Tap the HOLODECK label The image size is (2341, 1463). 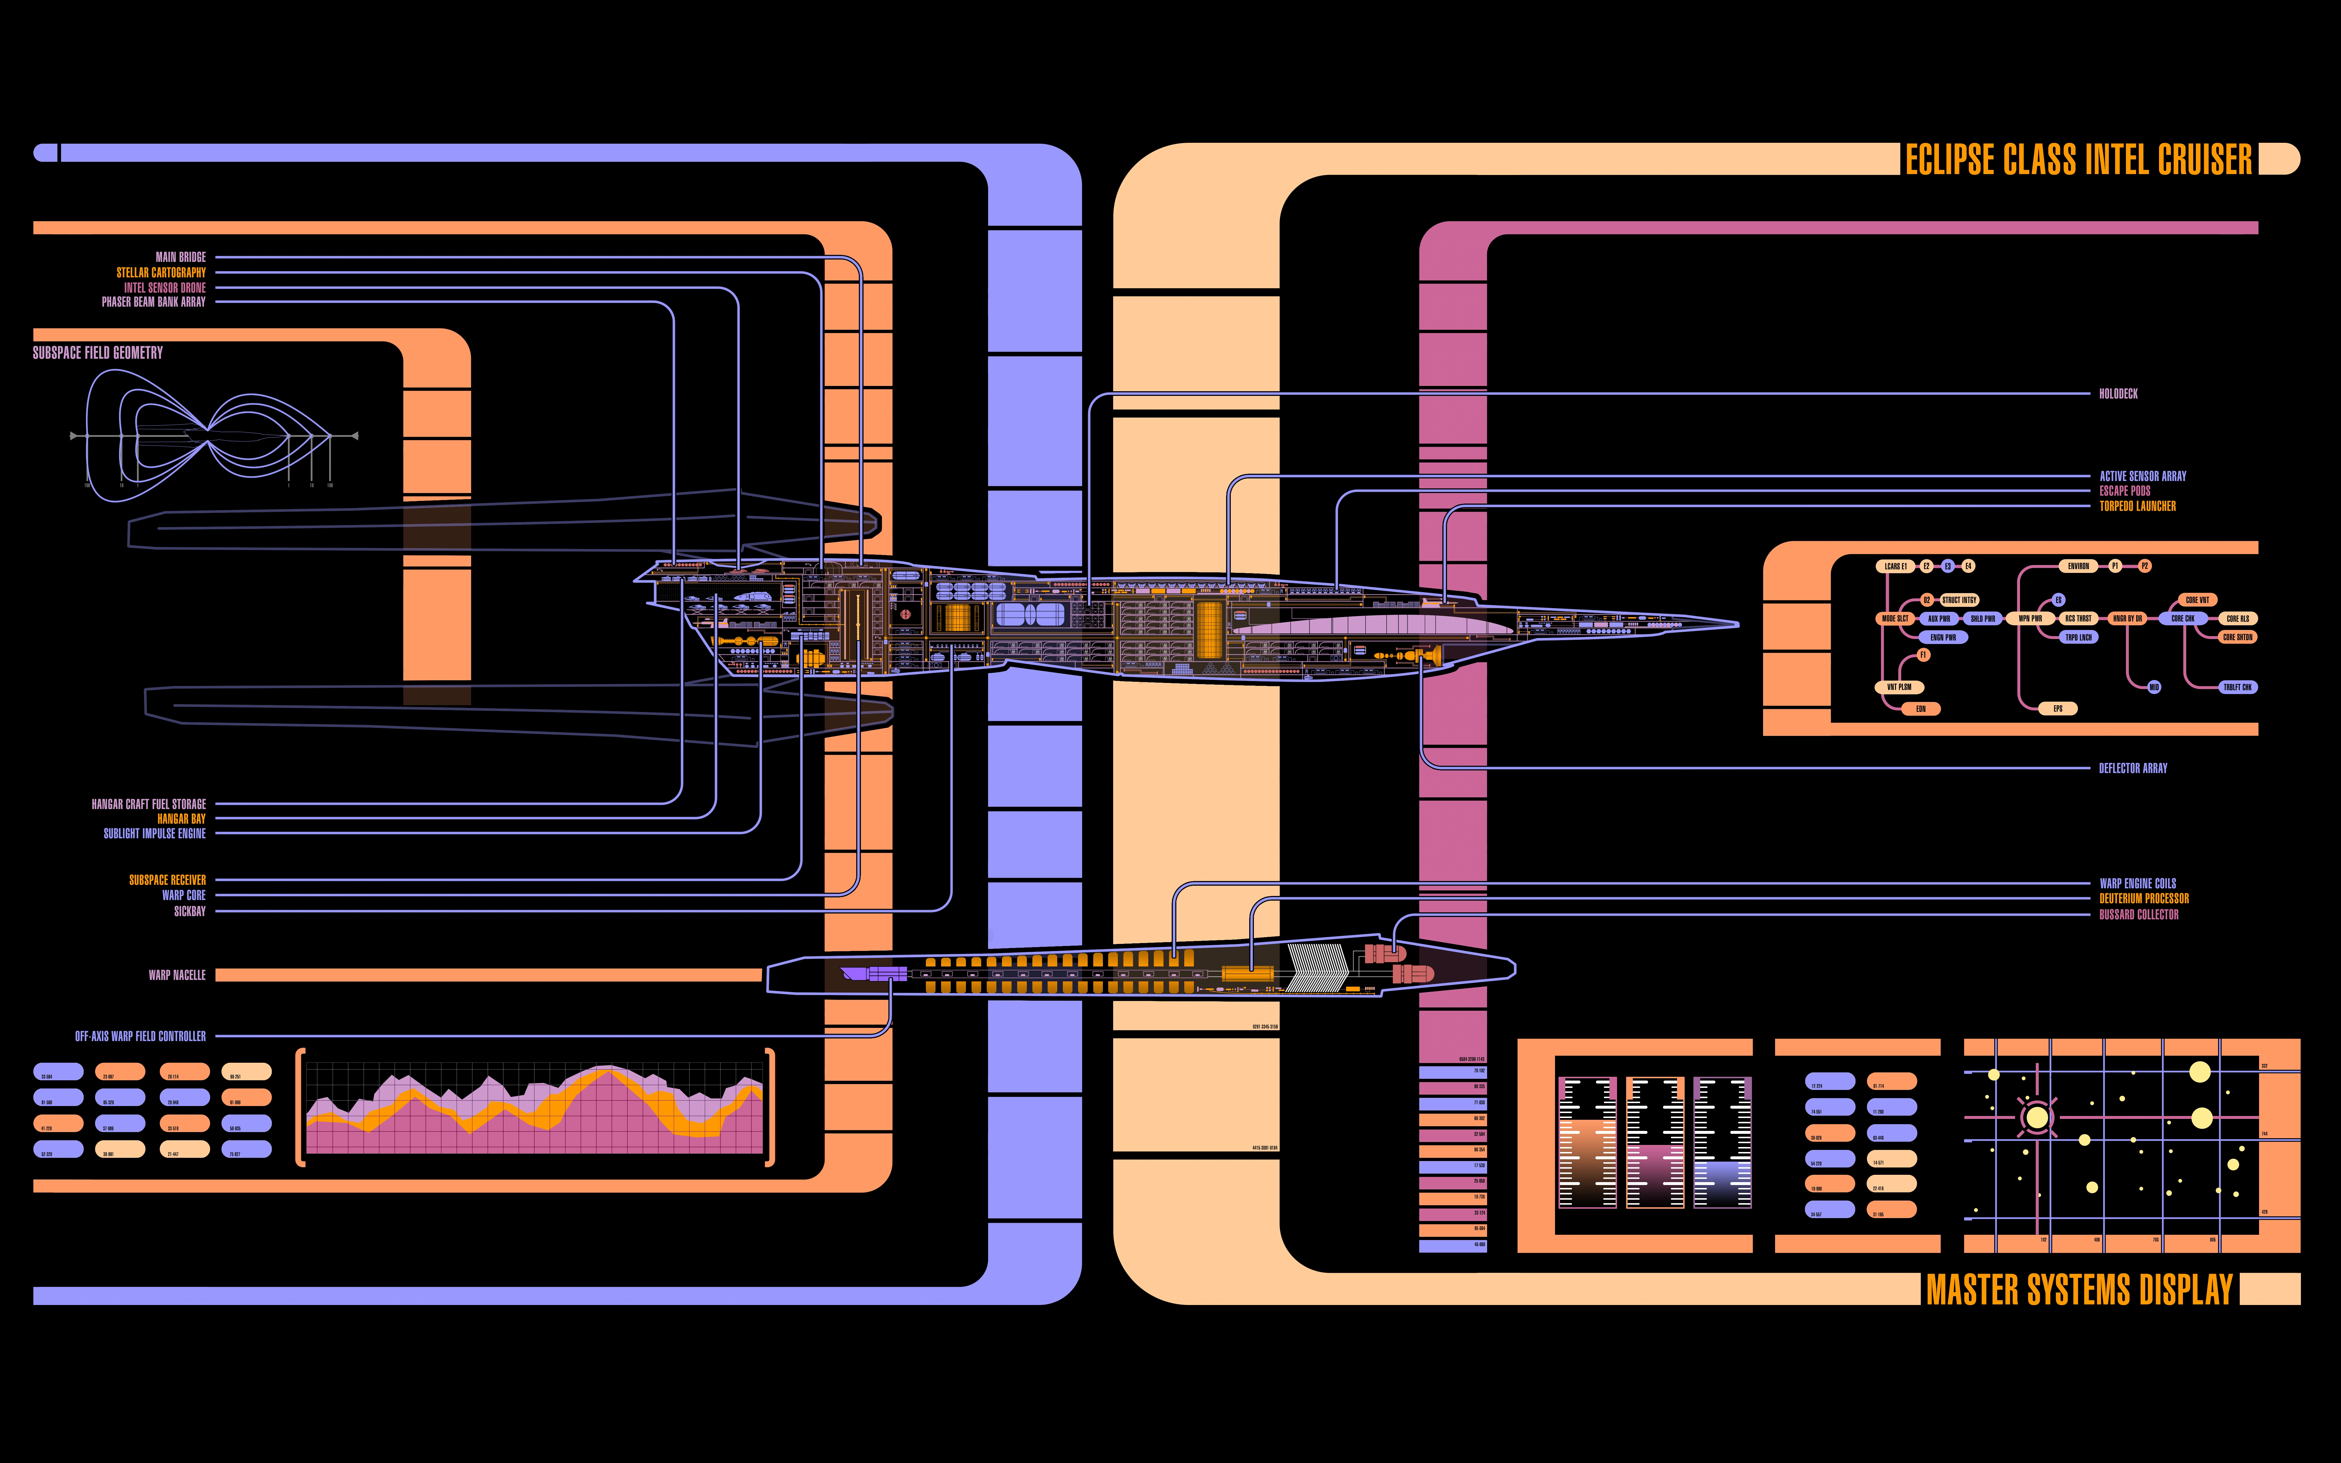(x=2117, y=394)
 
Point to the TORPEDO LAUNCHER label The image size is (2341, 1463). (x=2137, y=506)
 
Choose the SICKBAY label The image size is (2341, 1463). (x=190, y=911)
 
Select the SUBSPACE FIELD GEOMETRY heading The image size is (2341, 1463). (x=98, y=353)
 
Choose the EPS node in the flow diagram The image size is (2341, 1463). (x=2057, y=708)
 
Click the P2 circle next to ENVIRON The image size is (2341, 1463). (x=2145, y=566)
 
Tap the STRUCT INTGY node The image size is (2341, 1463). (x=1959, y=600)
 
